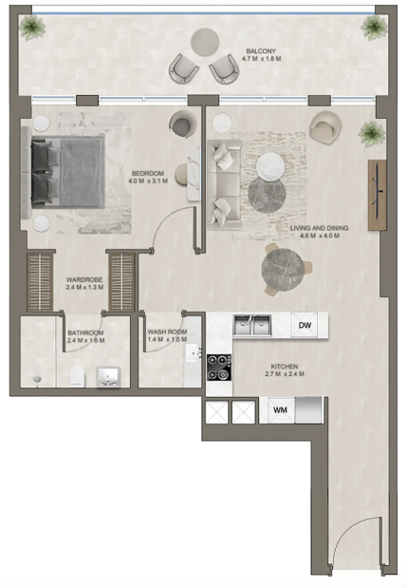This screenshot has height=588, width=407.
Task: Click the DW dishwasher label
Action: [x=305, y=325]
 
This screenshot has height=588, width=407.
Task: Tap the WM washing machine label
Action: [x=280, y=409]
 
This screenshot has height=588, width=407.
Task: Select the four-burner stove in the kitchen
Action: [x=219, y=368]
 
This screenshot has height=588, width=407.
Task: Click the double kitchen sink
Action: [x=252, y=326]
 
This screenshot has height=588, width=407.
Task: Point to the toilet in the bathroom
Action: [x=78, y=376]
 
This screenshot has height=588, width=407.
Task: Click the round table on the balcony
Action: [x=205, y=43]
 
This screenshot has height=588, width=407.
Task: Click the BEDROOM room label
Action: [x=148, y=173]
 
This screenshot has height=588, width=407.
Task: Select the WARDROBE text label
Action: [x=84, y=279]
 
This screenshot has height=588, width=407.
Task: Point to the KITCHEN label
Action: [x=285, y=367]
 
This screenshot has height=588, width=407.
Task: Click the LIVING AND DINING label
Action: [x=320, y=228]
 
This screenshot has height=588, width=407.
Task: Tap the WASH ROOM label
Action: [x=167, y=332]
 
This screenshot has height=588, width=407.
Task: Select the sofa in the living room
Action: [x=224, y=185]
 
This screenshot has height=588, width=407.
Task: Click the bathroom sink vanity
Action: [x=108, y=377]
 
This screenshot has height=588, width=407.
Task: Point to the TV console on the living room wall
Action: [x=377, y=195]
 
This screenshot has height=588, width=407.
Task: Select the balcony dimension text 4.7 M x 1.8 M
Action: [x=261, y=59]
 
